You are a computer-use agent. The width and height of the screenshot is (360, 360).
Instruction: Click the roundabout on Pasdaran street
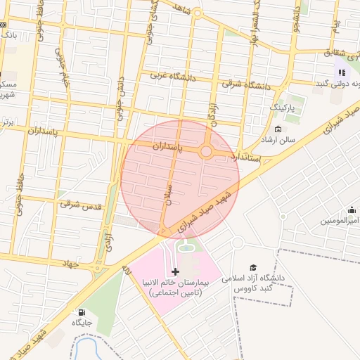(206, 151)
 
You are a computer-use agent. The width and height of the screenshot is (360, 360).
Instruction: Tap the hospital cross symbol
(175, 271)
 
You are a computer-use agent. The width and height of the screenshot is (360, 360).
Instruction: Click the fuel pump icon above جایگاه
(82, 312)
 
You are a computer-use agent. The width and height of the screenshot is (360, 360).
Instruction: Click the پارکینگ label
(285, 109)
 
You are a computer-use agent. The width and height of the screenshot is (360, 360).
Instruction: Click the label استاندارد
(250, 157)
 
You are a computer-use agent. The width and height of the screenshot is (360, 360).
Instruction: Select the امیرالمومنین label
(341, 221)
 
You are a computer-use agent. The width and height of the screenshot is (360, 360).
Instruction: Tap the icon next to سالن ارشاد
(278, 129)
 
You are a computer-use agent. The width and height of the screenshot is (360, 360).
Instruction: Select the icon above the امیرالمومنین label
(352, 210)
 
